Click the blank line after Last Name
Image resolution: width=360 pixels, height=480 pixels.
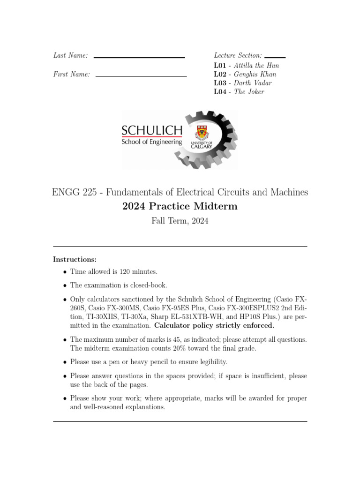click(x=139, y=57)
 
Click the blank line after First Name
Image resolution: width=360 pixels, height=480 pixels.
click(x=141, y=75)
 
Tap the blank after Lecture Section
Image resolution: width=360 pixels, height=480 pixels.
click(x=275, y=57)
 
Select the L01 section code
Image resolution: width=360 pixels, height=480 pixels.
click(x=220, y=66)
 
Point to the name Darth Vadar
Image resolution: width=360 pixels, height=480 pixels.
click(x=253, y=83)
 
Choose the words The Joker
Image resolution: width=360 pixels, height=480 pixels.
click(x=249, y=92)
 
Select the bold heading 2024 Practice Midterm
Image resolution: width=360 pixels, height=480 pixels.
click(x=180, y=206)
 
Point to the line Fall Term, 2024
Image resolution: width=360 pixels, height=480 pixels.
click(x=180, y=221)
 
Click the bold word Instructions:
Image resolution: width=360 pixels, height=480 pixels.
click(x=75, y=259)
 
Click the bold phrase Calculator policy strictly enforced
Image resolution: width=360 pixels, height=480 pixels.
click(x=214, y=325)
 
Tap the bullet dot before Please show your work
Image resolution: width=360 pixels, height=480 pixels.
click(x=65, y=398)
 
